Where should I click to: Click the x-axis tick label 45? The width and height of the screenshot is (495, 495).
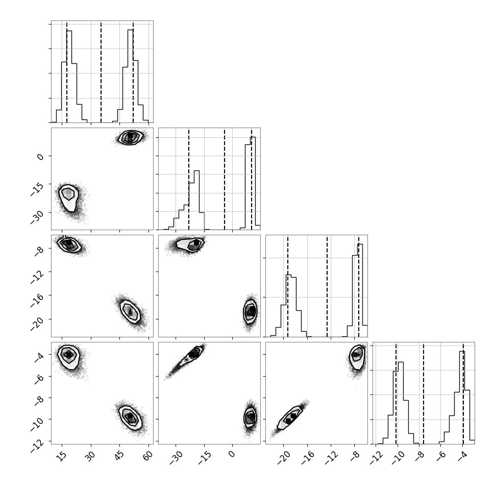(119, 455)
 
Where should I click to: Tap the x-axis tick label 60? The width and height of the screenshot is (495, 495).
(148, 455)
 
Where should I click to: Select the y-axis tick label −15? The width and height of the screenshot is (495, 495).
(37, 189)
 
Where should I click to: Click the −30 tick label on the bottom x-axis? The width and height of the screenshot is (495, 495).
(176, 457)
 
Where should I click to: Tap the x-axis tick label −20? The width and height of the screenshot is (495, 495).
(284, 457)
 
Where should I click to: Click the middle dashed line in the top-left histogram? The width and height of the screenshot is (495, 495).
(101, 71)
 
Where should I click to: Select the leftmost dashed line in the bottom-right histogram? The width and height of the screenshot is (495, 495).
(396, 393)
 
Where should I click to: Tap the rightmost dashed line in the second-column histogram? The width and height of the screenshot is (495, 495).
(252, 179)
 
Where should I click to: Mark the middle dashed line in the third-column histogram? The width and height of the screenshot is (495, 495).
(327, 286)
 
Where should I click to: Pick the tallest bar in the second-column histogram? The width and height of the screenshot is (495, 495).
(253, 183)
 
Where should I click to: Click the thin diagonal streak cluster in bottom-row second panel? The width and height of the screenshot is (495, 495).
(185, 361)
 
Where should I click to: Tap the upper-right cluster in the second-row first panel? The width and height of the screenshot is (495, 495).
(130, 137)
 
